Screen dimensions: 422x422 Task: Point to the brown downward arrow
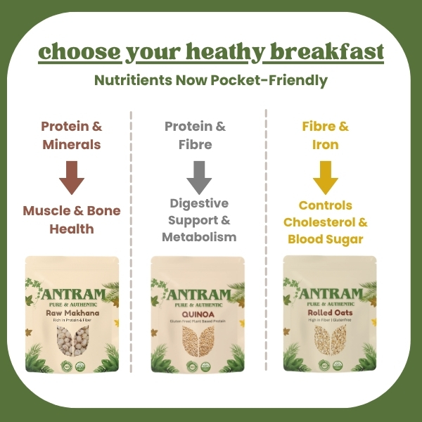coord(71,177)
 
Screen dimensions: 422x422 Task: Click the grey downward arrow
coord(199,177)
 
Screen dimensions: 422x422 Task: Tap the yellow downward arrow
coord(326,177)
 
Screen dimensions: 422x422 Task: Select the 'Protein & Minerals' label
coord(71,136)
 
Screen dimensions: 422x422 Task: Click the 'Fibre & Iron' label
coord(326,136)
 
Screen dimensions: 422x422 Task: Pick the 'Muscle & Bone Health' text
coord(71,219)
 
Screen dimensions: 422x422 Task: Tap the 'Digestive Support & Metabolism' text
coord(199,219)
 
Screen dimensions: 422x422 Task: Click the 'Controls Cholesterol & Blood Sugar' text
coord(326,222)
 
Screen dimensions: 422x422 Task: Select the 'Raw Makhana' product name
coord(70,312)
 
